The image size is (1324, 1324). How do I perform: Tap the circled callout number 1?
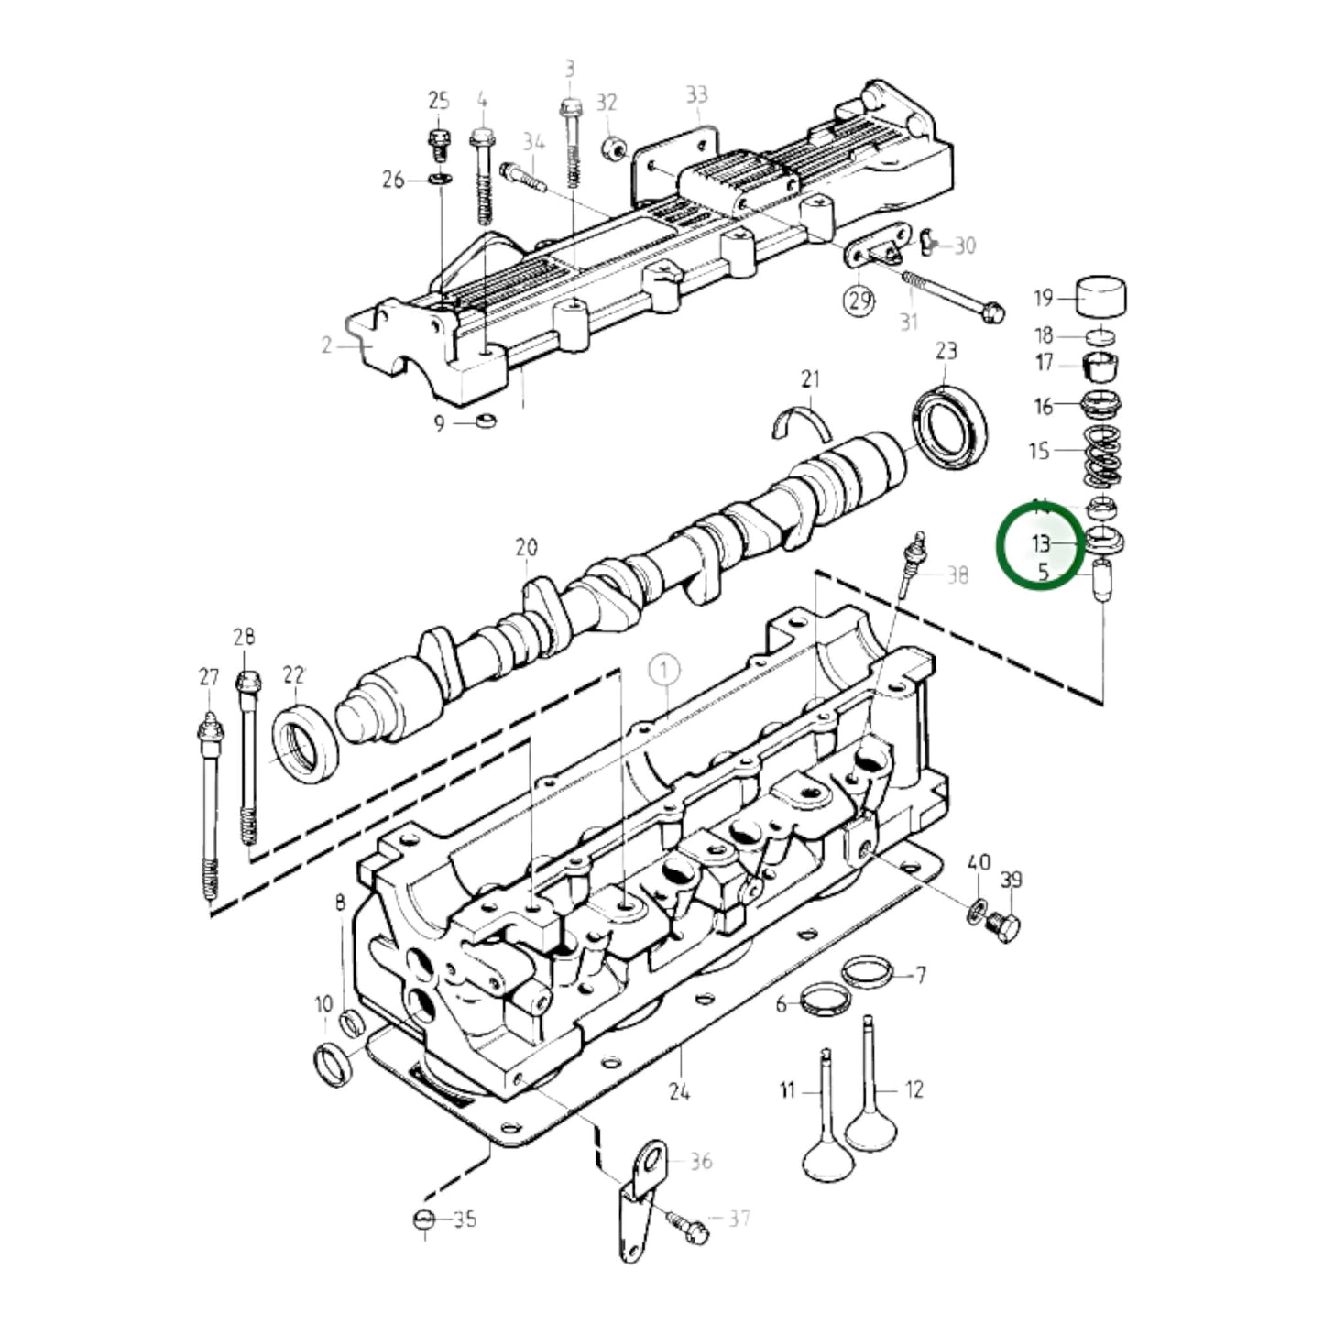pos(665,671)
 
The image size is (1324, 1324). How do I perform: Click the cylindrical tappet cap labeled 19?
pos(1100,296)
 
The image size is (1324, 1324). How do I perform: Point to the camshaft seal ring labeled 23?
pos(949,423)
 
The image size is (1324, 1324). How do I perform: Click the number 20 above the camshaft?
pos(526,548)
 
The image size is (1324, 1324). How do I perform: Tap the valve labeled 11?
pos(827,1127)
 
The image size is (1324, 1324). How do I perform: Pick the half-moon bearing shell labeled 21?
pos(804,420)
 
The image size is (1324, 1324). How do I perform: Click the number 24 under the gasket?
pos(679,1091)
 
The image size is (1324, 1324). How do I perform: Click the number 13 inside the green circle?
pos(1040,543)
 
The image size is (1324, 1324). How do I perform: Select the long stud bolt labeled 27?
pos(211,806)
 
